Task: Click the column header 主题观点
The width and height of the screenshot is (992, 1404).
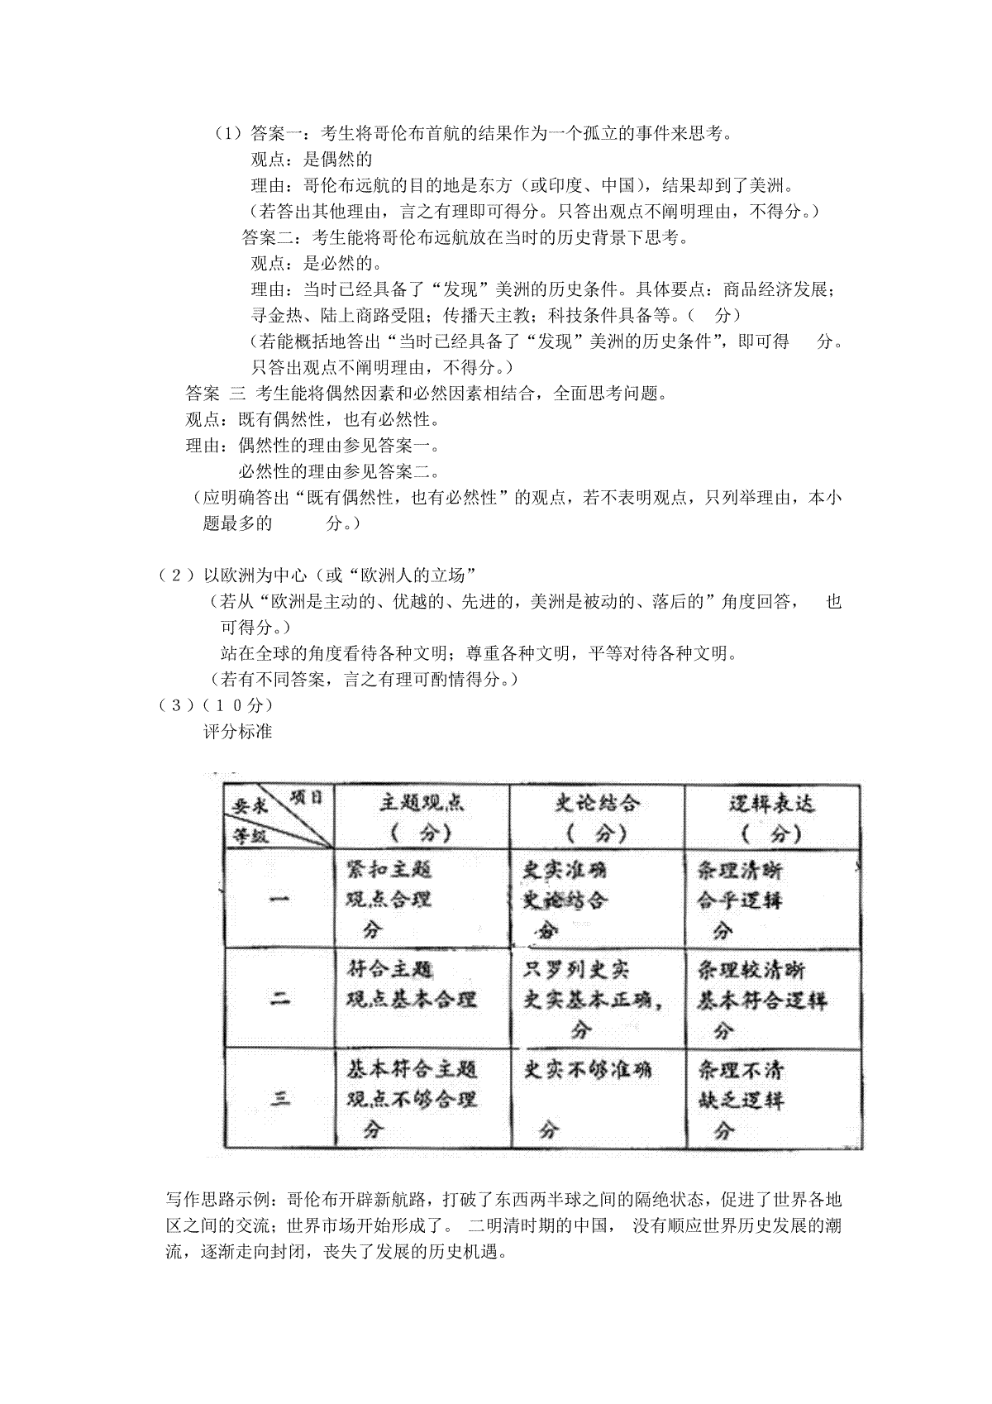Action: (422, 803)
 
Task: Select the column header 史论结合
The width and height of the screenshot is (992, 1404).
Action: (597, 803)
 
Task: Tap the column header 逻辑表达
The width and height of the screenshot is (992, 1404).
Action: (771, 803)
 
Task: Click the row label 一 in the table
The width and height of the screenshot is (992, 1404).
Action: (280, 899)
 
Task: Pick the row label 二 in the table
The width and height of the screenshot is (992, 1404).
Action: (280, 998)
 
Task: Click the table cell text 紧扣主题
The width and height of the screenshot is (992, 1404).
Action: (389, 869)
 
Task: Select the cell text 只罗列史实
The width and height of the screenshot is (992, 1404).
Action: (576, 969)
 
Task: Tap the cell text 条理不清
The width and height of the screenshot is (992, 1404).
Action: (740, 1070)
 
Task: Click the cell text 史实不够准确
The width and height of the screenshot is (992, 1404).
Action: (589, 1070)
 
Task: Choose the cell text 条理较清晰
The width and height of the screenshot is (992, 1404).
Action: (751, 969)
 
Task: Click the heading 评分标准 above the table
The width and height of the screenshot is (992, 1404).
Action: (238, 732)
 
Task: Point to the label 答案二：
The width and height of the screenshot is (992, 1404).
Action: (276, 238)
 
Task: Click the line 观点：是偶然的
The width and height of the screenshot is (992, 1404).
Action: (312, 160)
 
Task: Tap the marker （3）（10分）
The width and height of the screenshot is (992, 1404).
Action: (215, 705)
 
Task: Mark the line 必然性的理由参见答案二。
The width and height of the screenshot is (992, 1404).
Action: (338, 472)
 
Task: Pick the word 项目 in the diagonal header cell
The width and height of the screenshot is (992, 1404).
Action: (307, 796)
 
